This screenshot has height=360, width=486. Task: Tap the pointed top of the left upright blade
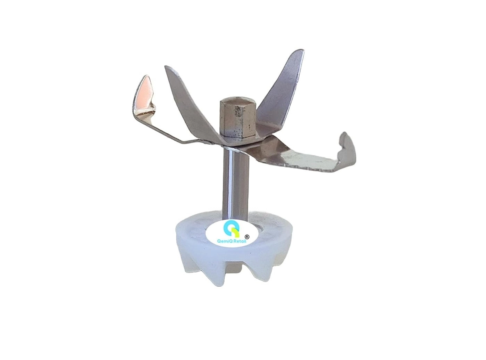point(168,69)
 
